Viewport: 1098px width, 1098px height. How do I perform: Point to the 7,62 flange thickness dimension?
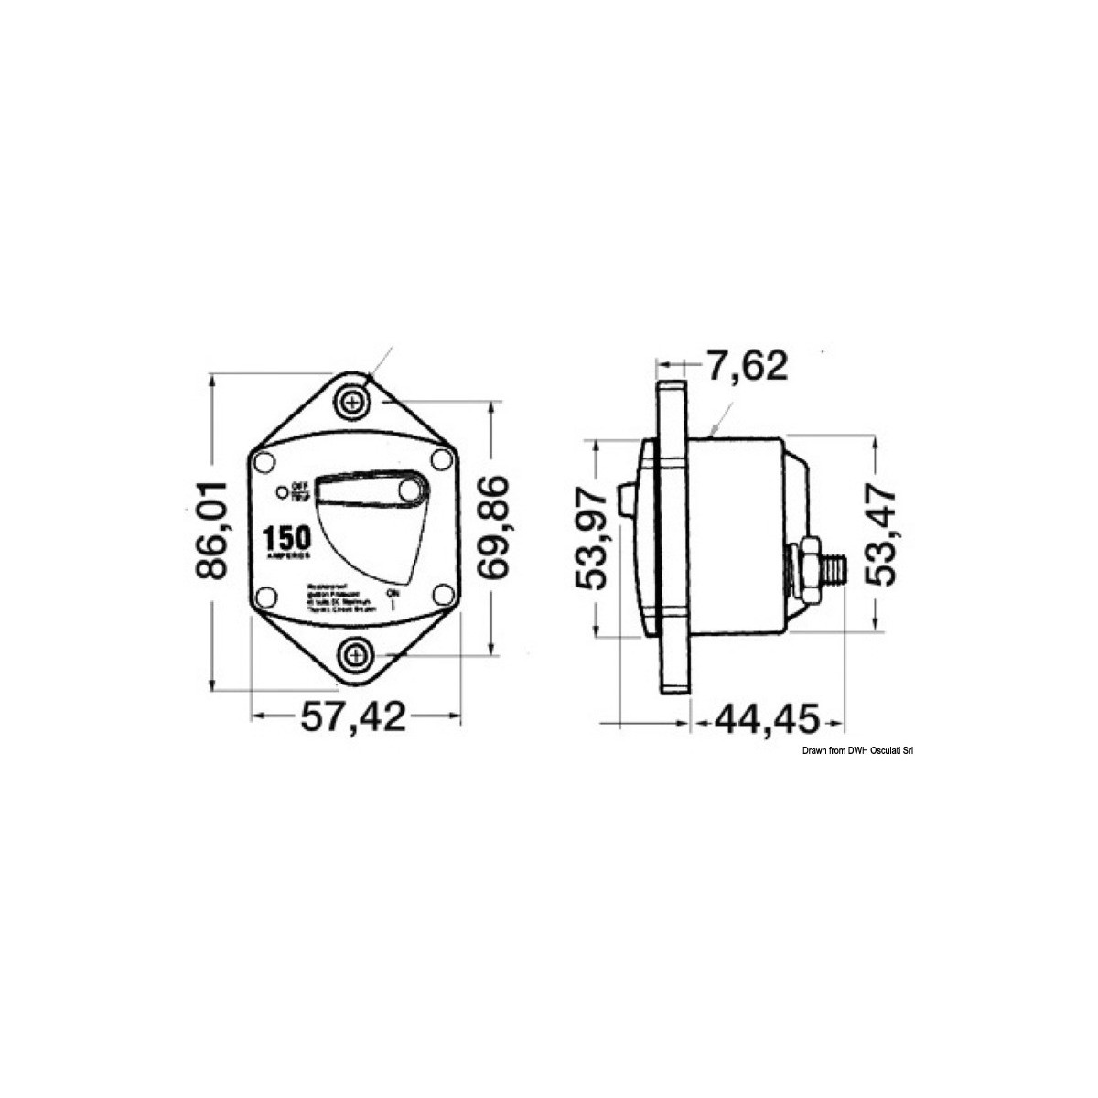coord(747,366)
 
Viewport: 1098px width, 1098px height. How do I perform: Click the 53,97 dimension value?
coord(596,539)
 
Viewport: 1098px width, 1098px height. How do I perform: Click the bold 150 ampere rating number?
coord(287,537)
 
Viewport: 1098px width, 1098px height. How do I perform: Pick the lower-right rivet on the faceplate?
coord(443,596)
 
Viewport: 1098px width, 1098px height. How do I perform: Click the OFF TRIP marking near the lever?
coord(296,491)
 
